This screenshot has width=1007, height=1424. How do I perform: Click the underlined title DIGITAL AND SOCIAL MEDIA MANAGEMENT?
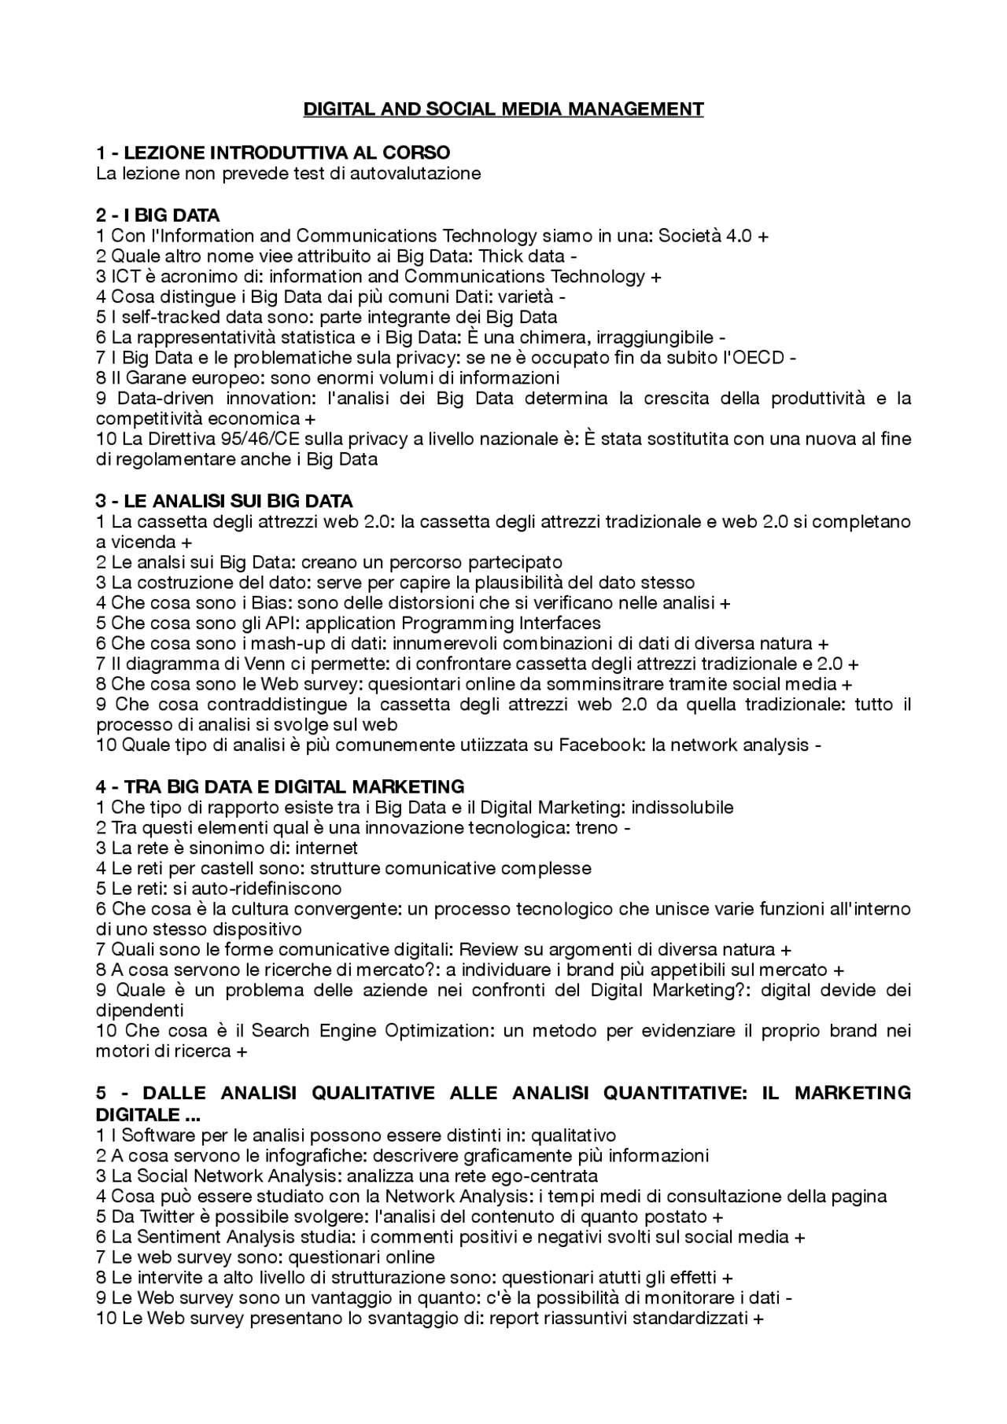pyautogui.click(x=503, y=109)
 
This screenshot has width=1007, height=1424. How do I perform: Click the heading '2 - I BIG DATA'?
pyautogui.click(x=157, y=215)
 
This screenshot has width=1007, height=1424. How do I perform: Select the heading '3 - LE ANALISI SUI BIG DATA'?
pyautogui.click(x=224, y=501)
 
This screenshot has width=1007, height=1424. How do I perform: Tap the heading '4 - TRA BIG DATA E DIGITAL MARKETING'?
pyautogui.click(x=279, y=786)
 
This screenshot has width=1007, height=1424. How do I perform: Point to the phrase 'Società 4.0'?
pyautogui.click(x=705, y=235)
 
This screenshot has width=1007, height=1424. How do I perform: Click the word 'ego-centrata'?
pyautogui.click(x=551, y=1176)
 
